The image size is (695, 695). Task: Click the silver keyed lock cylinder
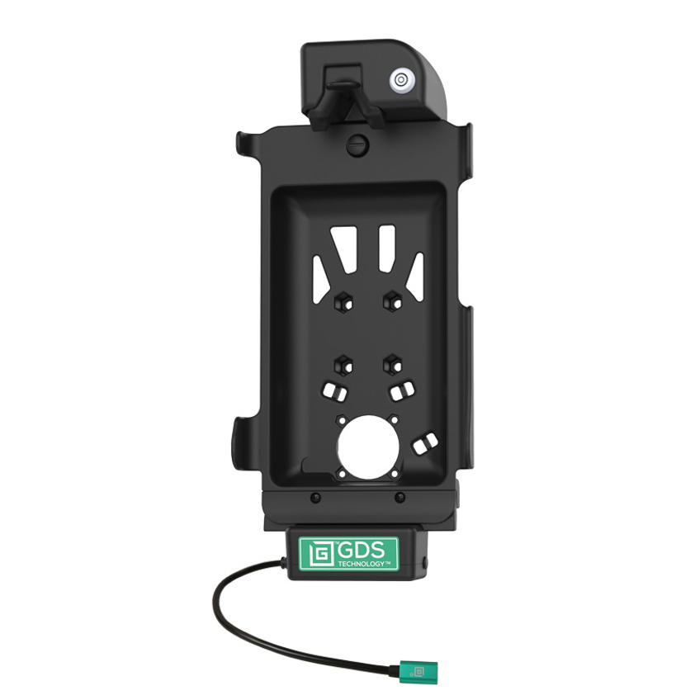point(400,80)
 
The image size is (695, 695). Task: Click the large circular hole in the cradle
point(367,447)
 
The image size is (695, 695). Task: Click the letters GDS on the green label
point(361,550)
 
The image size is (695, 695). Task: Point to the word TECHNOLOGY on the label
point(362,564)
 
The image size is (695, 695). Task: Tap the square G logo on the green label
point(319,554)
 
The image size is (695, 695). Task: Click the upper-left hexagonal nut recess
point(343,303)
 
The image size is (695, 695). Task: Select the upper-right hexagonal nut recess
point(393,301)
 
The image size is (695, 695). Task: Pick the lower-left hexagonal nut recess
point(343,365)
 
